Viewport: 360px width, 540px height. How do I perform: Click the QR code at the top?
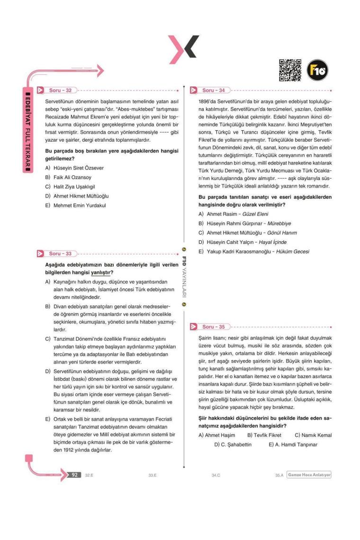[x=290, y=70]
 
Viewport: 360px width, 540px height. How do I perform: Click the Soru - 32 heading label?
[x=60, y=90]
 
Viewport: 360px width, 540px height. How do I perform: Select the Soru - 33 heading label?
[x=60, y=254]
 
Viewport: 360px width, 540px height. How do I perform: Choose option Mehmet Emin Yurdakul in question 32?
[x=75, y=205]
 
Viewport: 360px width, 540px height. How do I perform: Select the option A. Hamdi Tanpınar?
[x=293, y=444]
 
